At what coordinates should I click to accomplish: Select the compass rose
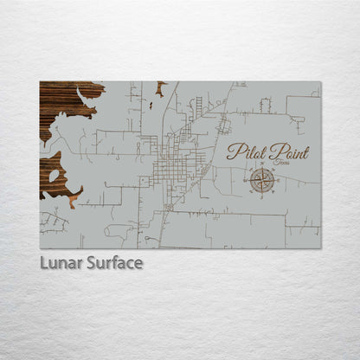tap(262, 180)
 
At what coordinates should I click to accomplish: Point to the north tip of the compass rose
tap(262, 168)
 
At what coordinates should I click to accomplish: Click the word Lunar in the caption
tap(59, 262)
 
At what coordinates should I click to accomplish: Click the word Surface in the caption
tap(112, 262)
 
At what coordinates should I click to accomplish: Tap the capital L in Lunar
tap(42, 262)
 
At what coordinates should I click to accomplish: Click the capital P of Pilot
tap(232, 152)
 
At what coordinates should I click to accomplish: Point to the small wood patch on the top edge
tap(160, 86)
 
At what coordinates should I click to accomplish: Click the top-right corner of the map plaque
tap(320, 81)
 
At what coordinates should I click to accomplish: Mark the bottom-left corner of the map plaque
tap(40, 248)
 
